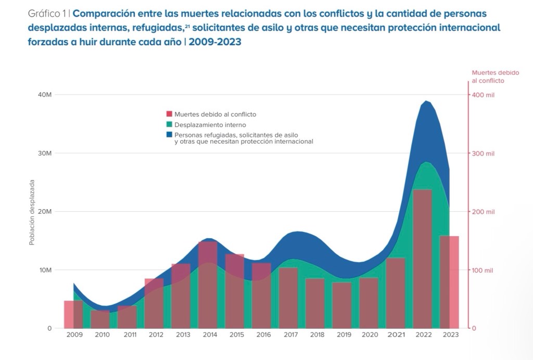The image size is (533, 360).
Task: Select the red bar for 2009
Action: pyautogui.click(x=73, y=314)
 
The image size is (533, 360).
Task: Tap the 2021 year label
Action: pyautogui.click(x=396, y=335)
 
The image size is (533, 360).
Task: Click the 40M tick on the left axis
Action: pyautogui.click(x=44, y=95)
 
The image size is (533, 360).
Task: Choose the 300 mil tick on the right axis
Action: pyautogui.click(x=483, y=153)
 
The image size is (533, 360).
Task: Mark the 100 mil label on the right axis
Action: pyautogui.click(x=483, y=270)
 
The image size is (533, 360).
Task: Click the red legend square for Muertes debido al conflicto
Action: pyautogui.click(x=169, y=114)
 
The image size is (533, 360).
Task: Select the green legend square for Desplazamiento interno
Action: pyautogui.click(x=169, y=125)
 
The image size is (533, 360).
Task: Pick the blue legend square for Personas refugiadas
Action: pyautogui.click(x=169, y=135)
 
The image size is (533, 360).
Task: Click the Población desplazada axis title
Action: pyautogui.click(x=32, y=212)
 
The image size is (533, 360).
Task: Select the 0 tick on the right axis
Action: pyautogui.click(x=474, y=328)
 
